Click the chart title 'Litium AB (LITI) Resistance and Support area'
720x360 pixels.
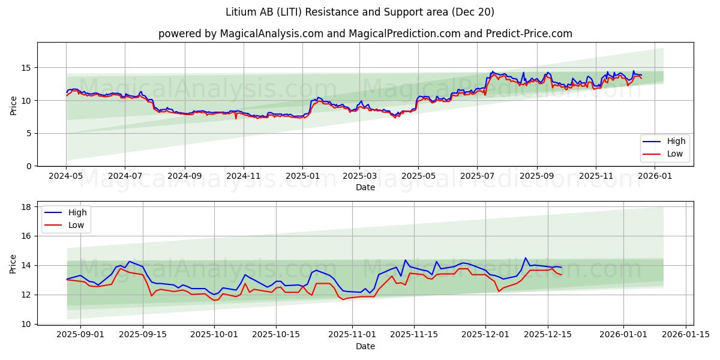point(360,12)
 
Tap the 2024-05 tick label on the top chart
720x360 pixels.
point(67,176)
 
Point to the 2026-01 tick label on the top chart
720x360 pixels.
point(655,176)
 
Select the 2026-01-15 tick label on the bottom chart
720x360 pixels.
point(686,334)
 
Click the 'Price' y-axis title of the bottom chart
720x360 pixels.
point(13,263)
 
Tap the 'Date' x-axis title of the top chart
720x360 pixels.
point(365,187)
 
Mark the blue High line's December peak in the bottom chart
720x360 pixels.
point(526,258)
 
